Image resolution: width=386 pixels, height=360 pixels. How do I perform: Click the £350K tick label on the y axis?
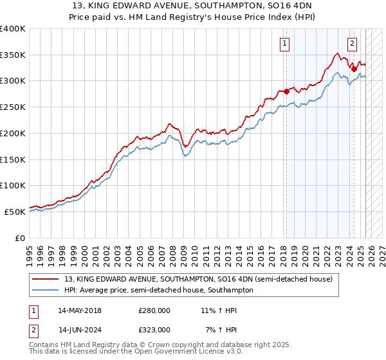coord(13,55)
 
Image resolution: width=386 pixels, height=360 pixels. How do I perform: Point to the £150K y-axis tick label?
coord(13,159)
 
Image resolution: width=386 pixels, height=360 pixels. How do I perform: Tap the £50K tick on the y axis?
coord(15,212)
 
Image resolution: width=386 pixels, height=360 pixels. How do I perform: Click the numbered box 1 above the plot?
coord(284,44)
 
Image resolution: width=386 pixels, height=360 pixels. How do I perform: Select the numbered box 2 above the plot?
coord(353,44)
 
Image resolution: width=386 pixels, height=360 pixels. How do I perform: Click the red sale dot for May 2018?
coord(287,91)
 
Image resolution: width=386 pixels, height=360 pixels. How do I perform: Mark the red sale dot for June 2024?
coord(354,69)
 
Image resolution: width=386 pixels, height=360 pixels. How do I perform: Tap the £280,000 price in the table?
coord(154,310)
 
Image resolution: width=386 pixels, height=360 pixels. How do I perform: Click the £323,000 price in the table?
coord(154,329)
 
